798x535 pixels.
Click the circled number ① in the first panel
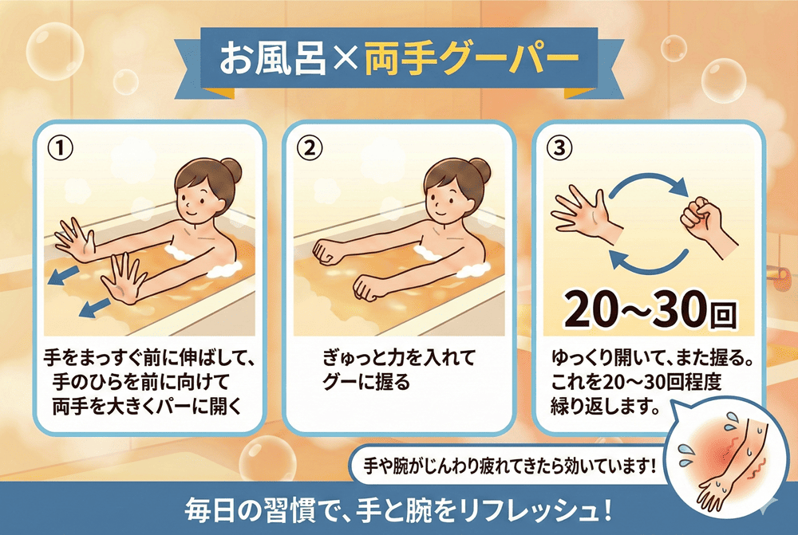[60, 148]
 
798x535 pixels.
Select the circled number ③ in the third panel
[559, 148]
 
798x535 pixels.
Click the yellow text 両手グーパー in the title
[472, 59]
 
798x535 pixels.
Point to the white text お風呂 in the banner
[272, 60]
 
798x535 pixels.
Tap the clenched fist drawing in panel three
[707, 224]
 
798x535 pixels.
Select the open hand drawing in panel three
[585, 214]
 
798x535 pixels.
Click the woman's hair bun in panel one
[231, 169]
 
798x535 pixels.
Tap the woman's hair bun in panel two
[480, 169]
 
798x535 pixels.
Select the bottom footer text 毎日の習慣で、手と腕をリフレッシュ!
[397, 509]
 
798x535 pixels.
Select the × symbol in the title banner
[345, 60]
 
